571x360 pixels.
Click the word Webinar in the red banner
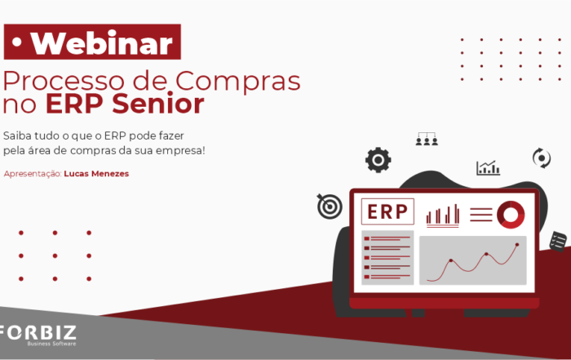[x=102, y=43]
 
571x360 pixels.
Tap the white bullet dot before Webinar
[x=17, y=42]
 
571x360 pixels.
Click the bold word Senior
[x=157, y=104]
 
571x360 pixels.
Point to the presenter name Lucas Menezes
[x=96, y=174]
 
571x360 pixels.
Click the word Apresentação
[x=33, y=174]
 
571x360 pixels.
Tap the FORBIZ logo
[x=38, y=336]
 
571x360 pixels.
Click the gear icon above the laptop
[x=378, y=160]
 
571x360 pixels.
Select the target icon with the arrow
[x=330, y=206]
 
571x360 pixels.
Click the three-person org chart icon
[x=427, y=140]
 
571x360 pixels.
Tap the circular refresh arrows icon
[x=542, y=158]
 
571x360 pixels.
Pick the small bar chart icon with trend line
[x=488, y=168]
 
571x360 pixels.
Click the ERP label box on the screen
[x=387, y=211]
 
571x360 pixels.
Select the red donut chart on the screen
[x=511, y=215]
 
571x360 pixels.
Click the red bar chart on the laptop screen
[x=442, y=216]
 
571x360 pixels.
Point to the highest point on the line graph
[x=517, y=245]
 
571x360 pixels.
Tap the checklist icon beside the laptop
[x=558, y=241]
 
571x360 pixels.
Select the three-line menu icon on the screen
[x=480, y=215]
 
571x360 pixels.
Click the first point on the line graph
[x=451, y=260]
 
